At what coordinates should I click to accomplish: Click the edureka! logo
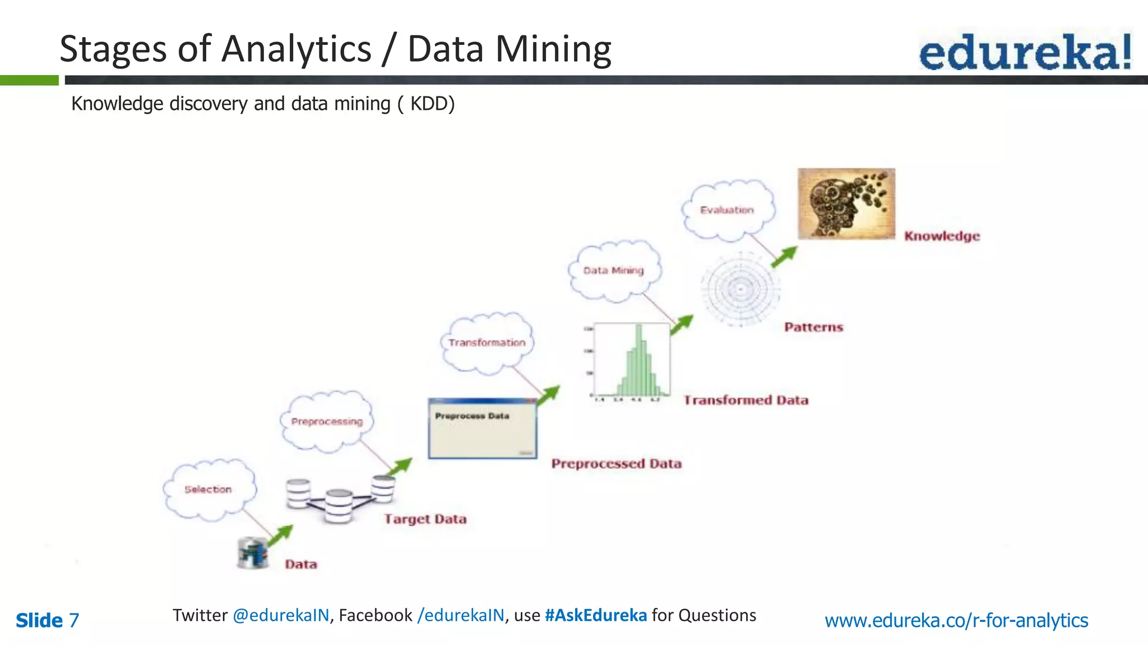[x=1025, y=52]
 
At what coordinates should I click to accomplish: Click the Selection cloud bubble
[x=209, y=489]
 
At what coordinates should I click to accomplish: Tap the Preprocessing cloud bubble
[x=327, y=421]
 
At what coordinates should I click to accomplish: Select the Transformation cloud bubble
[x=487, y=343]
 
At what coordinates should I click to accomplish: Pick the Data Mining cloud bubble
[x=614, y=270]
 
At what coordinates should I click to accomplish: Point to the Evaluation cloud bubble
[x=727, y=210]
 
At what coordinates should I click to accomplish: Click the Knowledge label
[x=942, y=236]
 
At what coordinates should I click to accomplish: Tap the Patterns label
[x=813, y=327]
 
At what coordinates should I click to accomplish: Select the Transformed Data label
[x=746, y=400]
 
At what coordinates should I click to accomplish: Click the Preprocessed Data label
[x=616, y=464]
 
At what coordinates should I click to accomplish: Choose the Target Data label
[x=425, y=519]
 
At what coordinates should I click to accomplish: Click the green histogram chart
[x=633, y=362]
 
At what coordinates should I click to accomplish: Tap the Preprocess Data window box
[x=482, y=429]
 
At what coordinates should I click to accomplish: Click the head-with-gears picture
[x=846, y=204]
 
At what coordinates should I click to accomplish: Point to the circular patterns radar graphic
[x=740, y=289]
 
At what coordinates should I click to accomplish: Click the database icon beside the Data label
[x=253, y=553]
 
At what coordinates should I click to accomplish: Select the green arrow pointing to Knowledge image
[x=784, y=256]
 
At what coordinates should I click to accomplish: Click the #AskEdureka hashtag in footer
[x=596, y=615]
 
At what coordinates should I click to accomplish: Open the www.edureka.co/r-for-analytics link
[x=956, y=620]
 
